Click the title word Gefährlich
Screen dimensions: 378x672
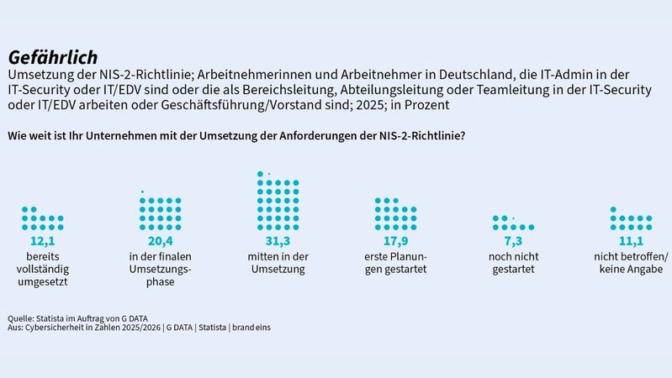(x=47, y=56)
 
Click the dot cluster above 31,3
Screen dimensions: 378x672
(x=278, y=202)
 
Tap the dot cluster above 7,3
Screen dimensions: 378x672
(x=513, y=223)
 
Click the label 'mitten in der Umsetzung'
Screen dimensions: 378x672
(x=278, y=262)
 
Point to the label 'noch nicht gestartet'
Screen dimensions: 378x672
(x=513, y=262)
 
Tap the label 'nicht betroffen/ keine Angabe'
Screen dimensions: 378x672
(x=631, y=262)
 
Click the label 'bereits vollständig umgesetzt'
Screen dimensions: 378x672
(x=42, y=269)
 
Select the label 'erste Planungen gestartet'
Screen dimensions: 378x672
(x=395, y=262)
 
